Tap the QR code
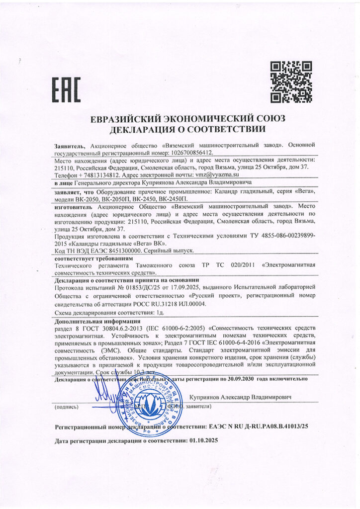[290, 82]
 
